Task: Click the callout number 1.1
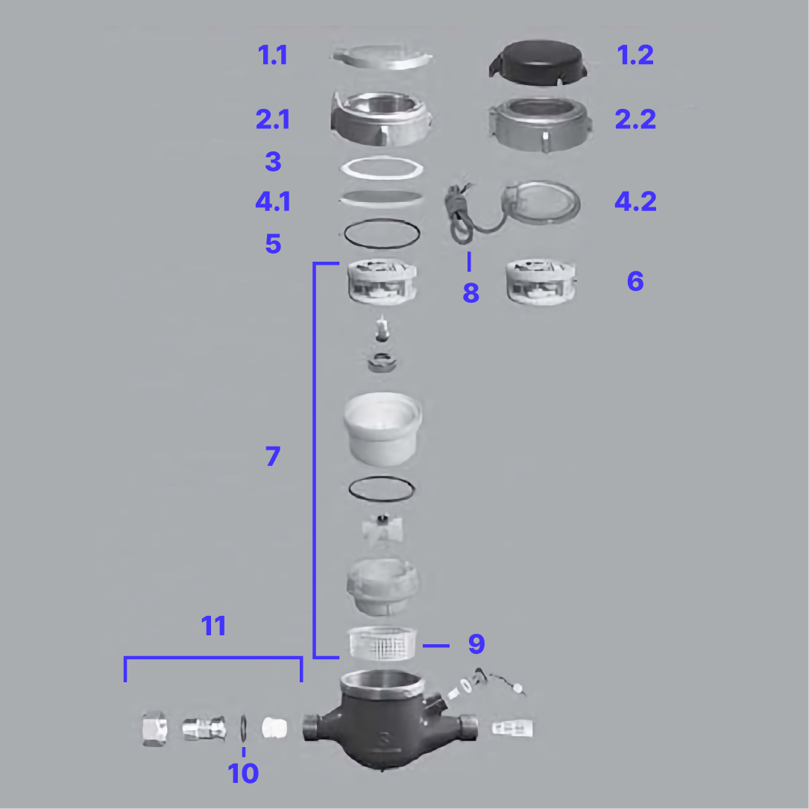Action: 273,55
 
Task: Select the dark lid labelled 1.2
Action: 537,58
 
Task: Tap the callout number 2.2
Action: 635,119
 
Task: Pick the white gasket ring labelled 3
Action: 381,168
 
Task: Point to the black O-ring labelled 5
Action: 381,233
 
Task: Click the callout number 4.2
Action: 635,201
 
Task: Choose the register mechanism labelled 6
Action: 541,282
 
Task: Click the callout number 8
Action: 470,293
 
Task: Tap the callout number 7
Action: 273,456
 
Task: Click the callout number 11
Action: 214,626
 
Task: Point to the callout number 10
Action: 243,774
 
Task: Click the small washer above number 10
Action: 244,728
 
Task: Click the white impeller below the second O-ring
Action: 381,530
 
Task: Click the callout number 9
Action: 476,643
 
